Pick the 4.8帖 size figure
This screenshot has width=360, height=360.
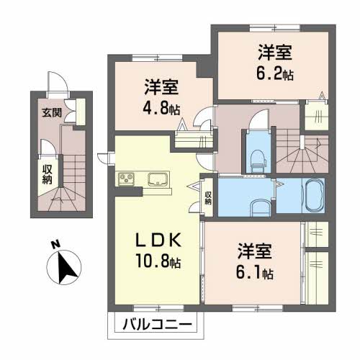point(161,110)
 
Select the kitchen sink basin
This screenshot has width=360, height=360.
point(158,179)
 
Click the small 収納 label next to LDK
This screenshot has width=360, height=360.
point(207,197)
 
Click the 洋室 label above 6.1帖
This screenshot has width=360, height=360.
point(256,253)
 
